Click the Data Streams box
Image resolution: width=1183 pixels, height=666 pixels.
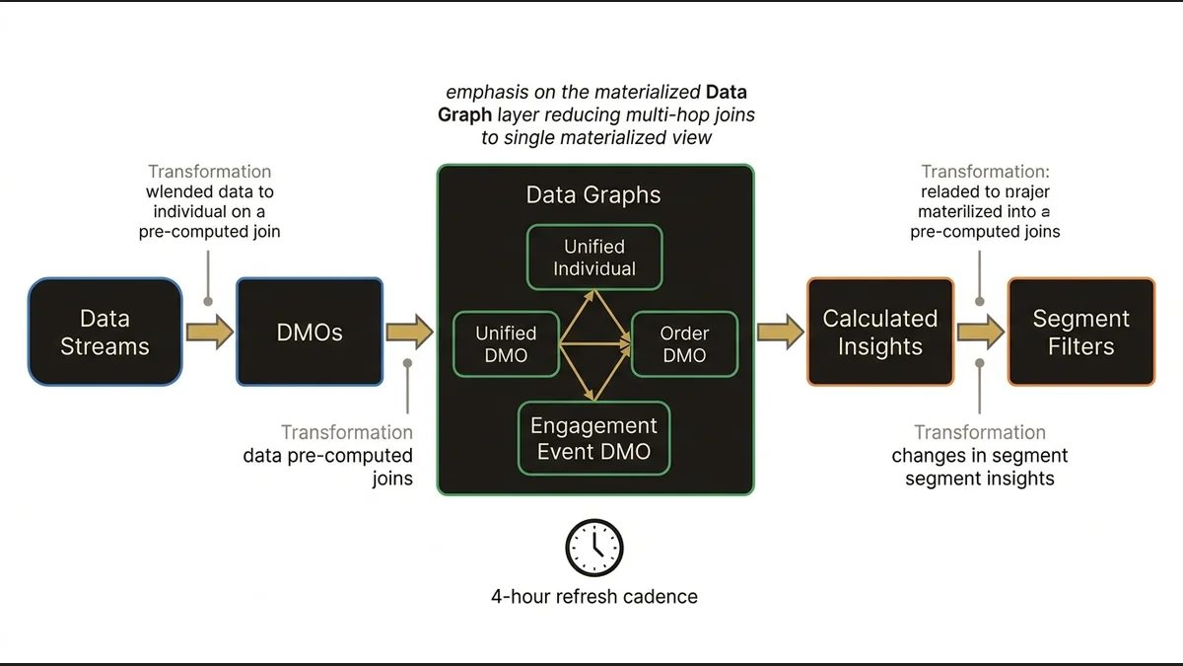point(104,333)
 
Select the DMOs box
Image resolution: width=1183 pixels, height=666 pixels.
point(310,333)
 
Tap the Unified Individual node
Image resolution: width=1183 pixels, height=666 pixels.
point(593,258)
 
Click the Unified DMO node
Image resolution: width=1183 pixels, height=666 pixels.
point(506,344)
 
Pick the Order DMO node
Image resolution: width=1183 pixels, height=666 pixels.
point(684,344)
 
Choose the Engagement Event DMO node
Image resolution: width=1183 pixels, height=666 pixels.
point(593,439)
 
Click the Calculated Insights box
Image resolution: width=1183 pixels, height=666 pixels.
point(879,333)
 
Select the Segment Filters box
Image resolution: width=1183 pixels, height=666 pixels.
point(1080,333)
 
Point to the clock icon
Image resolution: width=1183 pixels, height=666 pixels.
point(594,549)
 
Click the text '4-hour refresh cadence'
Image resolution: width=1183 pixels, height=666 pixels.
point(594,597)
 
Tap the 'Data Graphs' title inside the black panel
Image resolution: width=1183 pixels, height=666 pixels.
point(593,194)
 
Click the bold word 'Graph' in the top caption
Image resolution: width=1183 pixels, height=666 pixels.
point(464,115)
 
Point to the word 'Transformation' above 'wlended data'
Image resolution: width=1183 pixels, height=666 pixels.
point(209,172)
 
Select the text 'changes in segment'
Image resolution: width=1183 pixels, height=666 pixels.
point(979,456)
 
